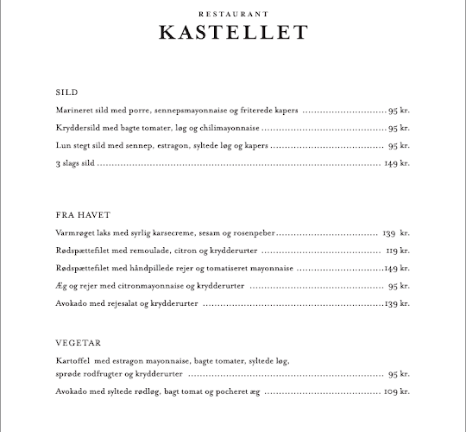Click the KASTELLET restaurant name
(233, 33)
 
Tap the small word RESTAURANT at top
(233, 15)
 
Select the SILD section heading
(66, 92)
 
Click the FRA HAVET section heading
(83, 214)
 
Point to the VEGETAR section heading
(79, 341)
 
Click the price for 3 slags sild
(396, 163)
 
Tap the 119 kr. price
(397, 251)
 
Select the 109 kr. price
(396, 392)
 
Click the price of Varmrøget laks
(396, 233)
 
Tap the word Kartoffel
(74, 360)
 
